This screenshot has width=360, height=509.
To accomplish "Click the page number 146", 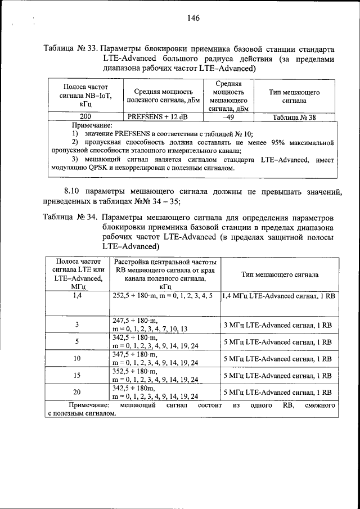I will [x=194, y=18].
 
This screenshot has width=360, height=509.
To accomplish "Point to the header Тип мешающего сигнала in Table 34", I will [x=280, y=275].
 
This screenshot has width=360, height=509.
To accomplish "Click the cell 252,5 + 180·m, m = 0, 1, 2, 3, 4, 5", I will [x=163, y=295].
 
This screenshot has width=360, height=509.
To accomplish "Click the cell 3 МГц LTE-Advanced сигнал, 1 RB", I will [x=280, y=325].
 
